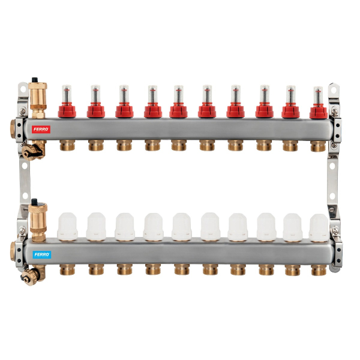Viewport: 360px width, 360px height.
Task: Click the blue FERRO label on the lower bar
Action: point(42,254)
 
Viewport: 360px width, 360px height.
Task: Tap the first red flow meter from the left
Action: point(67,103)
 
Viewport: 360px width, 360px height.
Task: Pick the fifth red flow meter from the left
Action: point(178,103)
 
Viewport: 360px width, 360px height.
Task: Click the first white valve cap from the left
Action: point(67,227)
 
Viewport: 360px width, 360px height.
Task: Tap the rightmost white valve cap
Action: point(318,227)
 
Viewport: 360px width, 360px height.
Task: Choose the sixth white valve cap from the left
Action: point(210,227)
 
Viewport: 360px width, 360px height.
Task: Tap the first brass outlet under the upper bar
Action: point(67,145)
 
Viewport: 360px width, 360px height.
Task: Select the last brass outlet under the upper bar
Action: point(319,146)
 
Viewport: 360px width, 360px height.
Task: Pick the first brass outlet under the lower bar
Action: point(67,269)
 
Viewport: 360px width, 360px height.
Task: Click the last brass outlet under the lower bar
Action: point(319,270)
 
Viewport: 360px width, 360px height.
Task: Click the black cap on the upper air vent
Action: point(36,80)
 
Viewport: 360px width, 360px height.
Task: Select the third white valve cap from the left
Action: point(125,227)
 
